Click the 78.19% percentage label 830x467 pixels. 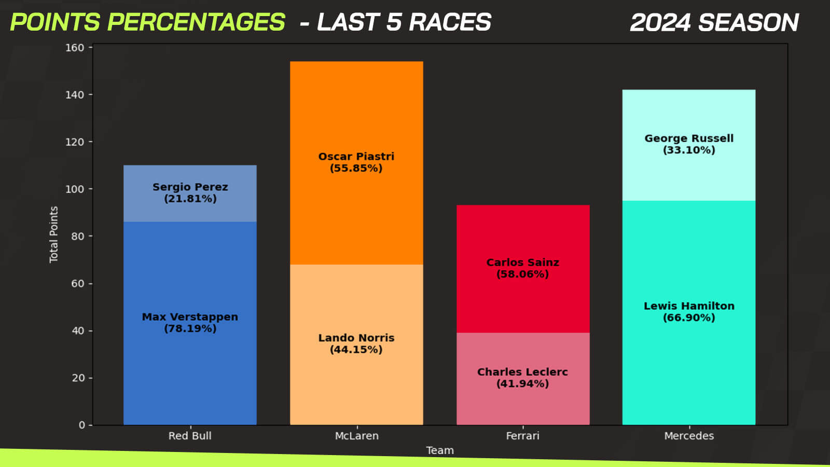(190, 328)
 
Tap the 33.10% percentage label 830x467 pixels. (689, 150)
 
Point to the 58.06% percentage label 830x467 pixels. (522, 274)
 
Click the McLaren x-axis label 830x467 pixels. (356, 436)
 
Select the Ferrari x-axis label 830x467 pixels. (522, 436)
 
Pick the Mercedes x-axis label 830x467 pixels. (689, 436)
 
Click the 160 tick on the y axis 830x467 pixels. (75, 48)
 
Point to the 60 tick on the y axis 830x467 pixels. (78, 283)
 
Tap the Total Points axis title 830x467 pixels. (53, 235)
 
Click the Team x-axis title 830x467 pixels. (439, 450)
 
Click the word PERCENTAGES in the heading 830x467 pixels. (196, 22)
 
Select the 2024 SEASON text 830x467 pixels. (714, 23)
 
